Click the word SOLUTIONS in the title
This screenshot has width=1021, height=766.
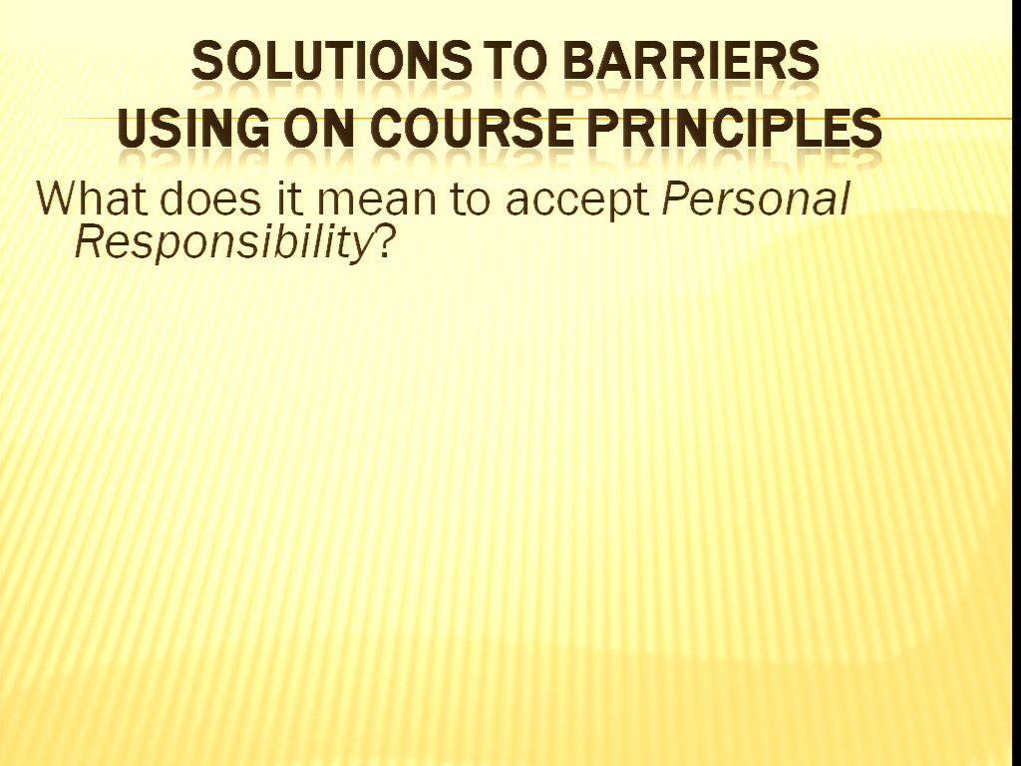[x=330, y=60]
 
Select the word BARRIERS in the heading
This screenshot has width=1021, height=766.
[x=690, y=60]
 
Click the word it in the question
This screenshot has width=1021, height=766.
[x=290, y=198]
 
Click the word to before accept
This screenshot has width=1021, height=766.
[x=470, y=199]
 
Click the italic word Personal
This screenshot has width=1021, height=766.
[x=756, y=198]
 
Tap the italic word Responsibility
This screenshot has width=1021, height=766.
[x=222, y=245]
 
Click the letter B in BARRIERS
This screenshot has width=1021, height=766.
[x=578, y=61]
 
